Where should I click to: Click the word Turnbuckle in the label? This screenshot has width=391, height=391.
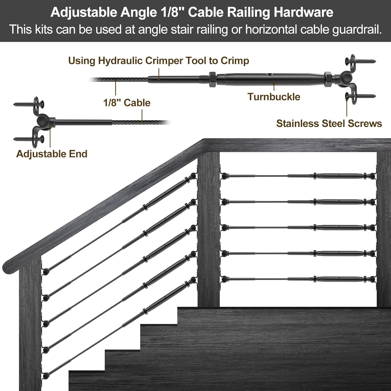(274, 97)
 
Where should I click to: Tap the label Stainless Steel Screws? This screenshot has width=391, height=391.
(329, 123)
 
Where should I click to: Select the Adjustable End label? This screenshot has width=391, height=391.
(52, 154)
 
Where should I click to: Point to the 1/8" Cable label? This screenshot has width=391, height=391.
(127, 103)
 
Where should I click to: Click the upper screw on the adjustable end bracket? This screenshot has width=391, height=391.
(28, 104)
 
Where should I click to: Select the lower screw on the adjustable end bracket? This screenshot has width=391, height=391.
(28, 139)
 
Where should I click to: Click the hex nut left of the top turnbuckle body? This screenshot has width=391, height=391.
(212, 79)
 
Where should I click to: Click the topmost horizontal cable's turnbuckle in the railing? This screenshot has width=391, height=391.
(339, 176)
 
